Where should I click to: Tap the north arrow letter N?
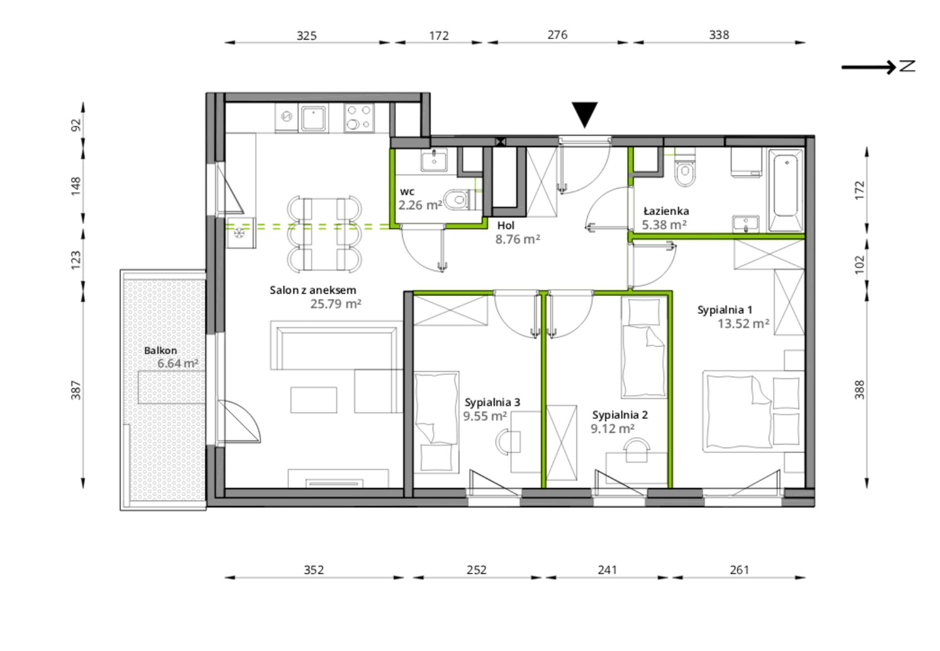click(x=907, y=66)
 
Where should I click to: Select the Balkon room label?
click(x=160, y=350)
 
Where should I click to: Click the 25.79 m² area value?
click(x=335, y=304)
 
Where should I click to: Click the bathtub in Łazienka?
click(x=785, y=190)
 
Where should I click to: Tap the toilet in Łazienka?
click(x=685, y=170)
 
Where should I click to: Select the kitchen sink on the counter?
click(x=312, y=119)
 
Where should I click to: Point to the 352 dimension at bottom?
click(x=314, y=570)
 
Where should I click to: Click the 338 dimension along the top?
click(x=719, y=35)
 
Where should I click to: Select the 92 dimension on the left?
click(x=76, y=125)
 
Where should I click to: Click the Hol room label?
click(x=506, y=225)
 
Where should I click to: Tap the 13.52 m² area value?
click(x=743, y=324)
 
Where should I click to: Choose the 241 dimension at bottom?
click(x=607, y=570)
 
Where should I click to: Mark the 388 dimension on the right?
click(x=859, y=390)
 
